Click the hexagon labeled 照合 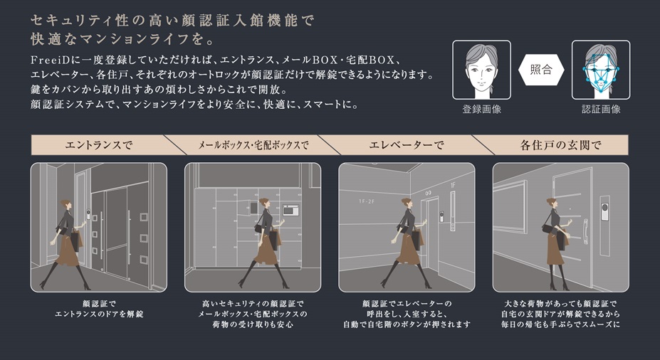point(541,70)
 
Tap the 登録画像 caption point(481,110)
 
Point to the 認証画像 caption point(601,110)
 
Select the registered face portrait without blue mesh point(481,70)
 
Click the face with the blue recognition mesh point(601,70)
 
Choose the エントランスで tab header point(99,145)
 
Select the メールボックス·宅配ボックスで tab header point(253,145)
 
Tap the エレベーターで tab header point(407,145)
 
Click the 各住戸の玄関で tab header point(560,145)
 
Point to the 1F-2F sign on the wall point(367,201)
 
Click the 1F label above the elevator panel point(453,185)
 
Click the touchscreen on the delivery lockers point(290,209)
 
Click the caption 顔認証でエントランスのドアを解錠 point(99,309)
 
